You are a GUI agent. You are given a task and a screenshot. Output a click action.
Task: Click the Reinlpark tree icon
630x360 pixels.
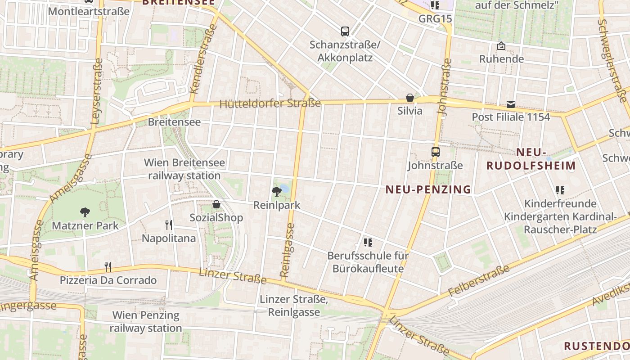[277, 192]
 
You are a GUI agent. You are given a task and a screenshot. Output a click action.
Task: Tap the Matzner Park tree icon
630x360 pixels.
[85, 212]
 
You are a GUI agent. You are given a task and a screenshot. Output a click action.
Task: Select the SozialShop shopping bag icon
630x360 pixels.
[216, 205]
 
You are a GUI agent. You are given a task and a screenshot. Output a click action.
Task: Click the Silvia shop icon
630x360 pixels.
[410, 98]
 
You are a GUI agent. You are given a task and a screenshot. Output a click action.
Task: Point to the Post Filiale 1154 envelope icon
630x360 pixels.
[511, 104]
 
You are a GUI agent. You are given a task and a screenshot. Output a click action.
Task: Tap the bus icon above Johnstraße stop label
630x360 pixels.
[435, 152]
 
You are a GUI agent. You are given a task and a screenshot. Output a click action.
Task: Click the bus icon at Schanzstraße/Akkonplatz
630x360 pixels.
[345, 31]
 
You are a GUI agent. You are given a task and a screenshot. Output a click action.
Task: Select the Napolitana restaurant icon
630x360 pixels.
[169, 225]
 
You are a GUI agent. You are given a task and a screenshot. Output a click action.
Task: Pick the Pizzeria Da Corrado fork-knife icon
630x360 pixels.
[108, 267]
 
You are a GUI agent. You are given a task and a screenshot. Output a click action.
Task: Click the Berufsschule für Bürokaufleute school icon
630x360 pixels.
[368, 243]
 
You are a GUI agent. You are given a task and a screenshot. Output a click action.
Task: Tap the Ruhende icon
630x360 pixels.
[501, 46]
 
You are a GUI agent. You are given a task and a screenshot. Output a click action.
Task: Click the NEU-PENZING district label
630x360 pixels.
[428, 189]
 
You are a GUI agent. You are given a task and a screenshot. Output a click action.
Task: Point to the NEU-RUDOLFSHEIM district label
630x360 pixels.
[531, 159]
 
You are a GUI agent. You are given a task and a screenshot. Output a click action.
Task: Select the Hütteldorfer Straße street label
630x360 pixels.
[270, 104]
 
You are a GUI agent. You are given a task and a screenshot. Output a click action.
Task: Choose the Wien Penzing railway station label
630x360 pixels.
[146, 321]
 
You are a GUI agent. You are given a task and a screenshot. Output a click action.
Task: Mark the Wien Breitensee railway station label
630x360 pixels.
[184, 169]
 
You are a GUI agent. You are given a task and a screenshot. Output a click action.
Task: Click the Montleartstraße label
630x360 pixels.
[89, 11]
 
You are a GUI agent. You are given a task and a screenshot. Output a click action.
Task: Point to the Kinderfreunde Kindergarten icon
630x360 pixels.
[560, 190]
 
